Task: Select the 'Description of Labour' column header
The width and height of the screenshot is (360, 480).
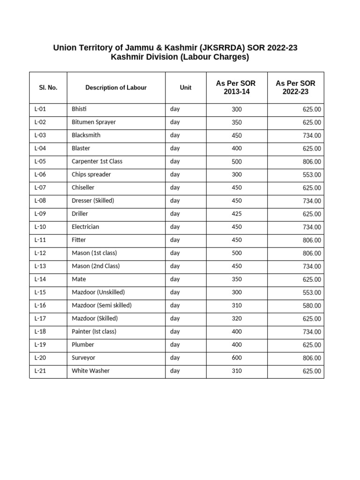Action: coord(116,88)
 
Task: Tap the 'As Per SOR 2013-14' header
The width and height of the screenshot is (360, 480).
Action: coord(236,88)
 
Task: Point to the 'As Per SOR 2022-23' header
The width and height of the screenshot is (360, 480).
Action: coord(295,88)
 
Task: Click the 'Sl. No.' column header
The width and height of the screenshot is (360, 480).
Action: coord(48,88)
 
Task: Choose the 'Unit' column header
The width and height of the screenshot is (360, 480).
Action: coord(186,88)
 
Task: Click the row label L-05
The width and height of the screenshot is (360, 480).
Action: coord(41,161)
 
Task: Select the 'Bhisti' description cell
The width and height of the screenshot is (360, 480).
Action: coord(79,109)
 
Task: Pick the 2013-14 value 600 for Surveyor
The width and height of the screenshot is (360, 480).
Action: coord(237,358)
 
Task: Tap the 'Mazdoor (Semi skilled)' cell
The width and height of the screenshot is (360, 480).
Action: coord(102,305)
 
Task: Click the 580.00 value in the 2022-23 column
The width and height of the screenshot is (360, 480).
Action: coord(312,306)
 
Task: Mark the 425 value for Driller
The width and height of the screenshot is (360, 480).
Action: coord(237,214)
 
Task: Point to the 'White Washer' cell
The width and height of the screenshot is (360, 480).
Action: coord(90,371)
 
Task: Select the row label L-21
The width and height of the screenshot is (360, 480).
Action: coord(41,371)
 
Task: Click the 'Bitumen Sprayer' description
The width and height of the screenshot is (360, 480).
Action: coord(94,122)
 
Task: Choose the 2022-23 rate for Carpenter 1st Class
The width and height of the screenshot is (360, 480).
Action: coord(312,162)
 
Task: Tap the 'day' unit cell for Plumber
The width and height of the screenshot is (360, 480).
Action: coord(175,345)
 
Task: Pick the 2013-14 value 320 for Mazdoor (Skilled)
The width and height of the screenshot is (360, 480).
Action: coord(237,318)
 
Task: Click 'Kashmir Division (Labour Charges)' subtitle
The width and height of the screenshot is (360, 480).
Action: coord(180,58)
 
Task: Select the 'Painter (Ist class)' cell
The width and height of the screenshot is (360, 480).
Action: coord(94,331)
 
